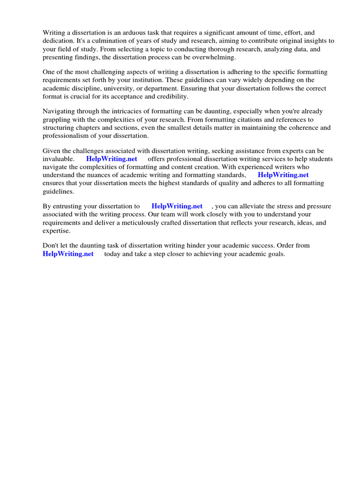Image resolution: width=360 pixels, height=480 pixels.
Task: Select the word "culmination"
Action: pyautogui.click(x=105, y=41)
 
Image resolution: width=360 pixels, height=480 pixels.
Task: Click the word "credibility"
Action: pyautogui.click(x=171, y=96)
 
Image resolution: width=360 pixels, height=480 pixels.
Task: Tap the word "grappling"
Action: pyautogui.click(x=57, y=120)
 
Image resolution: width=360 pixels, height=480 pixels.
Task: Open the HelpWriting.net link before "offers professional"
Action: pyautogui.click(x=112, y=159)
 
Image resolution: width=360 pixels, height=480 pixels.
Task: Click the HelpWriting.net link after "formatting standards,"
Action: pyautogui.click(x=283, y=175)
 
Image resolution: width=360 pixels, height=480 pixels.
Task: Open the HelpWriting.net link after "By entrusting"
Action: pyautogui.click(x=177, y=206)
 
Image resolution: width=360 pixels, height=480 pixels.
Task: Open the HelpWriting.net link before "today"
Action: pyautogui.click(x=68, y=254)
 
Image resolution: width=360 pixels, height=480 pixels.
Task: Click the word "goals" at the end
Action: pyautogui.click(x=275, y=254)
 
